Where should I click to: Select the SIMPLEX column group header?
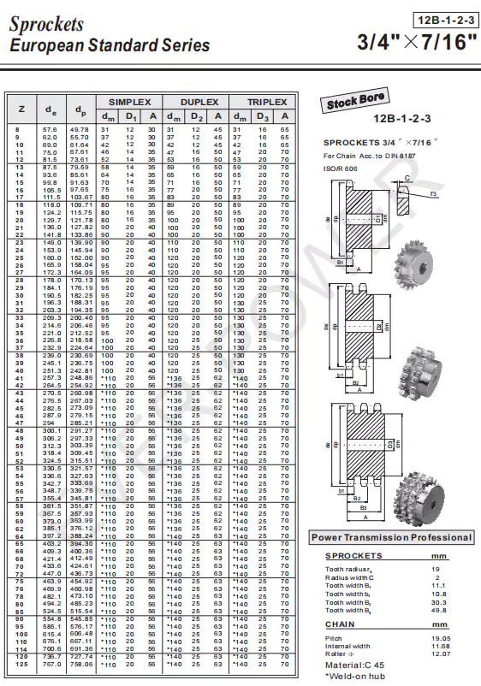pyautogui.click(x=128, y=101)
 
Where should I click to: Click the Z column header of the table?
pyautogui.click(x=21, y=109)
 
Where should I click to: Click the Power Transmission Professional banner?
pyautogui.click(x=391, y=537)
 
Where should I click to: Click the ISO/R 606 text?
pyautogui.click(x=339, y=169)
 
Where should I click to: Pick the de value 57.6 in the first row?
pyautogui.click(x=50, y=129)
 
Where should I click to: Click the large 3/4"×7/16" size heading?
pyautogui.click(x=413, y=42)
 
